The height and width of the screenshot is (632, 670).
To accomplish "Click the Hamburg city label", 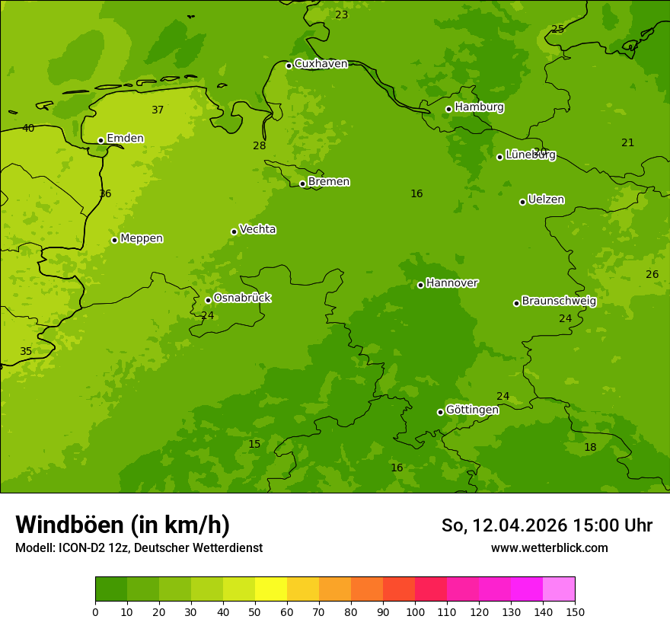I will [x=479, y=107].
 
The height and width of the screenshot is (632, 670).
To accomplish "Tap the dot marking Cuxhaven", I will [x=289, y=65].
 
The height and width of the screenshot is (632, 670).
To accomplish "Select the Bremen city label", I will [x=328, y=182].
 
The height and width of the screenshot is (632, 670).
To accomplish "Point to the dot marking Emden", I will [x=100, y=140].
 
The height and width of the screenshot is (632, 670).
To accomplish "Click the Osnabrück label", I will [x=242, y=298].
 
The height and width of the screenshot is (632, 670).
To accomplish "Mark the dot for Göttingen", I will [x=440, y=412].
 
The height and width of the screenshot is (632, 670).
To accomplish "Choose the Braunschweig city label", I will [x=559, y=302].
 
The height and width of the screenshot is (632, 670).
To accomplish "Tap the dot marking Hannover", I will [x=420, y=285].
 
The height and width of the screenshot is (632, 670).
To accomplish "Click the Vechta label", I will [x=257, y=229].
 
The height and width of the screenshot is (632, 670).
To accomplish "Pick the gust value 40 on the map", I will [x=28, y=128].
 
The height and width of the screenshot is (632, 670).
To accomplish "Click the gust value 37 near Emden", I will [x=158, y=110].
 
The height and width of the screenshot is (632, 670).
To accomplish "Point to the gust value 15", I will [x=254, y=444].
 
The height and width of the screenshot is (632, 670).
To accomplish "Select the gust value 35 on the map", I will [x=26, y=351].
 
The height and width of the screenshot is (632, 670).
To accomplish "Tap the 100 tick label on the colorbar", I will [x=415, y=611].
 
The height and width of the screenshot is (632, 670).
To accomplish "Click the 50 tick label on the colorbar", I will [x=255, y=611].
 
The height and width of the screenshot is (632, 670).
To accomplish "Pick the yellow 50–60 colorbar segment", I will [x=271, y=589].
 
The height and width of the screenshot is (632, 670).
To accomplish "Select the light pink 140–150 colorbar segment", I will [x=559, y=589].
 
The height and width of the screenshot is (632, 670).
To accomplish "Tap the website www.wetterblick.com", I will [x=549, y=548].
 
